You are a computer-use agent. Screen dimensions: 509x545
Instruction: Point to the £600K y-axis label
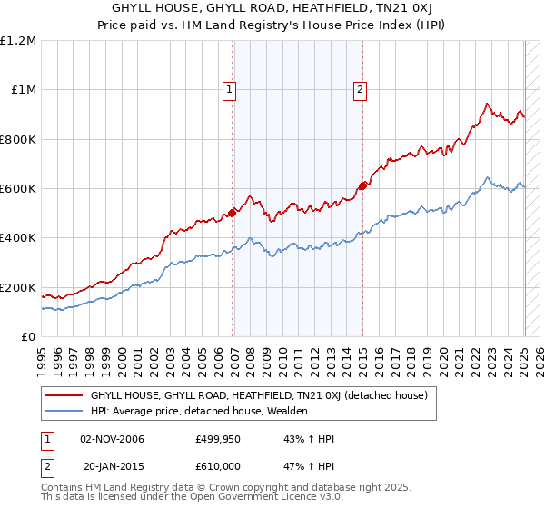[x=18, y=189]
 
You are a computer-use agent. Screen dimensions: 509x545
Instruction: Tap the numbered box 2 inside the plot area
[x=361, y=89]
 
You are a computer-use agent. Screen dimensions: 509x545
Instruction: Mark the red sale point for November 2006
[x=232, y=213]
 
